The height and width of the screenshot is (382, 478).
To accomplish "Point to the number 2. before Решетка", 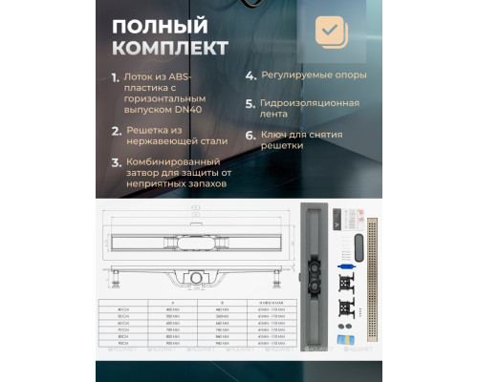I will pyautogui.click(x=115, y=130).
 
